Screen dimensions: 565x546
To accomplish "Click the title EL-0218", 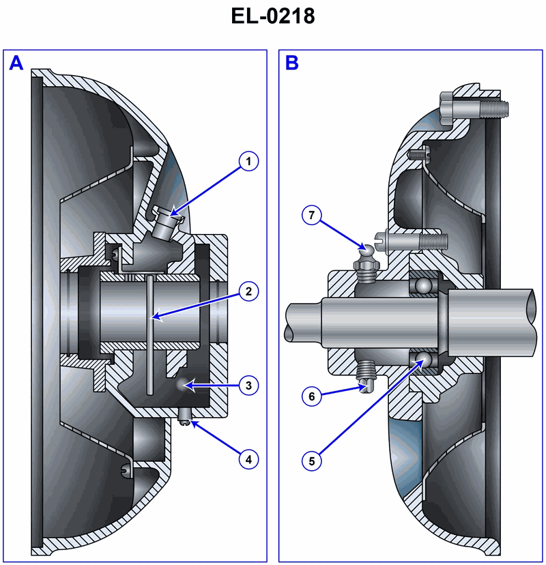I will (x=272, y=16).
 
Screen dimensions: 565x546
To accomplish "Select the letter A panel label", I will (x=16, y=63).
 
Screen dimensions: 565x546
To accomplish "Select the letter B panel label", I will (x=291, y=63).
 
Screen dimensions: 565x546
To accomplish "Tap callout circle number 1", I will (x=248, y=162).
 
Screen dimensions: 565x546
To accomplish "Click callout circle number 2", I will (x=248, y=291).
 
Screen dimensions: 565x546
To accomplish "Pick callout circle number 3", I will (x=248, y=386).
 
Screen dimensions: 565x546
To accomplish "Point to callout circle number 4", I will (x=248, y=459).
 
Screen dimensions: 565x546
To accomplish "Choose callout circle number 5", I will (x=312, y=461).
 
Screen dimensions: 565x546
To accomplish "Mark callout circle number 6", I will (x=312, y=395).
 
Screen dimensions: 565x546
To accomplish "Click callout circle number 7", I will (x=312, y=216).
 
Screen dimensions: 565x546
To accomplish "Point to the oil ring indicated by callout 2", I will (x=148, y=334).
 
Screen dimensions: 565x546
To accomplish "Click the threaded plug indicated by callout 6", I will (x=367, y=376).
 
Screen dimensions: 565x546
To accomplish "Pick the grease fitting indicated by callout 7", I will (x=367, y=262).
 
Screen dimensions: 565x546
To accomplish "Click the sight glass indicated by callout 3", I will (x=183, y=385).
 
